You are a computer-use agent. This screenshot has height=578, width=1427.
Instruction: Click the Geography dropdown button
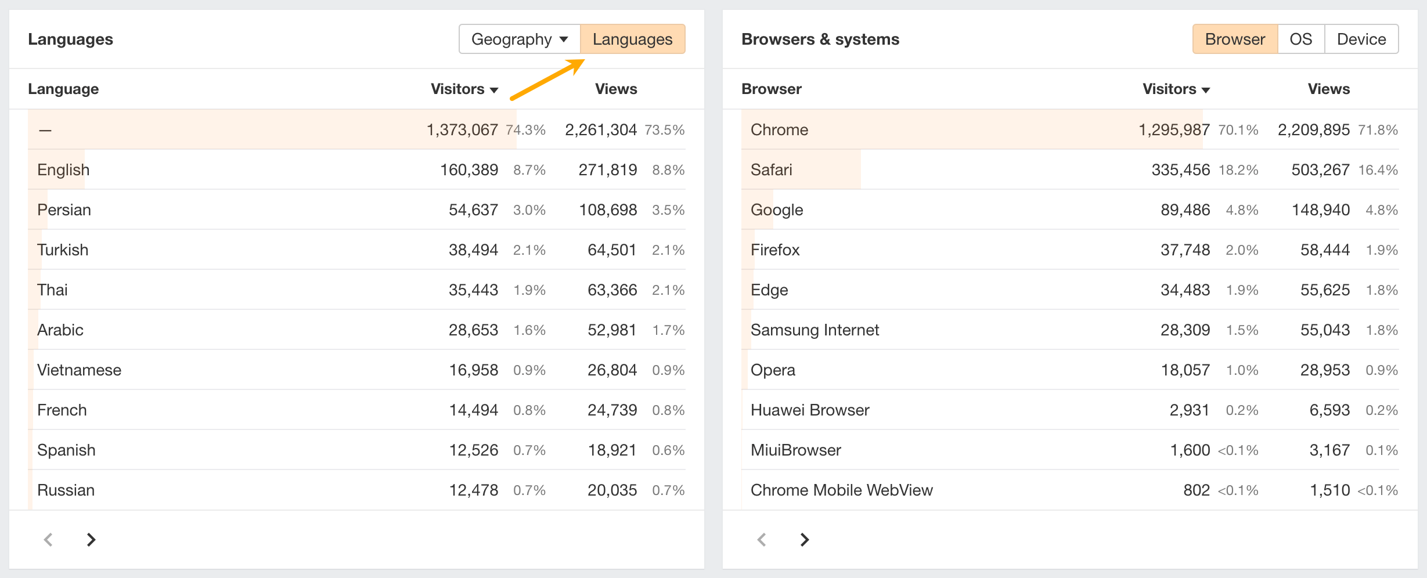[x=519, y=39]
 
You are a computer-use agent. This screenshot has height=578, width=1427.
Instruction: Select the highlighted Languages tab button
[x=632, y=39]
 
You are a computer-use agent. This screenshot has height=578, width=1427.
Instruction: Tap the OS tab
[x=1300, y=39]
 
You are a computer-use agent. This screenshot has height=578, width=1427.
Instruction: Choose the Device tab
[x=1361, y=39]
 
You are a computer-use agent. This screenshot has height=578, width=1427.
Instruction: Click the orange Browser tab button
[x=1235, y=39]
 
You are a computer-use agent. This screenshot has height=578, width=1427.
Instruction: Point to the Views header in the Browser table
[x=1328, y=89]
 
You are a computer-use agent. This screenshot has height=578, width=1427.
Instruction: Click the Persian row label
[x=64, y=210]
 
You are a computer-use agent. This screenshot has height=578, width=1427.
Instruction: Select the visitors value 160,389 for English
[x=469, y=170]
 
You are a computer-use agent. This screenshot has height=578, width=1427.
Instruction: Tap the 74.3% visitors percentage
[x=525, y=130]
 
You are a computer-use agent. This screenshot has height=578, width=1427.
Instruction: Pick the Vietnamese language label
[x=79, y=370]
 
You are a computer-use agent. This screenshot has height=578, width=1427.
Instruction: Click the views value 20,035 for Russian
[x=612, y=490]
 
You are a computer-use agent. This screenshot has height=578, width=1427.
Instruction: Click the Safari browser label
[x=771, y=170]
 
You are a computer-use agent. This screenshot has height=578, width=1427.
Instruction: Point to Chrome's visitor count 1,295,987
[x=1174, y=130]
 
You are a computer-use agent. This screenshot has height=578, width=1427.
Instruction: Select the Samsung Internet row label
[x=815, y=330]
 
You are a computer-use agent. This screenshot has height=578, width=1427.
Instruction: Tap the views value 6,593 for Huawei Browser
[x=1329, y=410]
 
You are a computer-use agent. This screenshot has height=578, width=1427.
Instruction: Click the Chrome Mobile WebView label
[x=841, y=490]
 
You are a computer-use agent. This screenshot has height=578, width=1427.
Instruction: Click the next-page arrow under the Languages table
[x=91, y=540]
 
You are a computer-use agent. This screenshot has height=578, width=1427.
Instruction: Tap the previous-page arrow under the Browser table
[x=762, y=540]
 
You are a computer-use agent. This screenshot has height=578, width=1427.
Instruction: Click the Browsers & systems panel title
[x=820, y=39]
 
